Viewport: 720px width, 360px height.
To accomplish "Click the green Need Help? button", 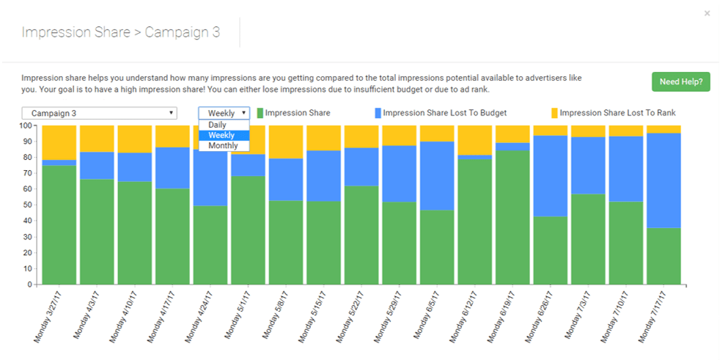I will point(680,81).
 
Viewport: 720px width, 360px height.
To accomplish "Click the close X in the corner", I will point(707,13).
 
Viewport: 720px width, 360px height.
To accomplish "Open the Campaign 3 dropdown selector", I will point(99,113).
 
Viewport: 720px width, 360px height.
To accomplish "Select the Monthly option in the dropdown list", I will point(223,146).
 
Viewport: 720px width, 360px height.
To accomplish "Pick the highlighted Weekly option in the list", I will point(221,136).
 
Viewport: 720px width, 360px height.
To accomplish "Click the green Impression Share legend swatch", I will point(260,113).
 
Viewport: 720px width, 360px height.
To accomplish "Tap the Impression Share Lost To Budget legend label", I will point(444,113).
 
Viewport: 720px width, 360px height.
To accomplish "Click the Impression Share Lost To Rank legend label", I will point(617,113).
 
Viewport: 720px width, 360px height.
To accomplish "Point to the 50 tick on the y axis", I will point(27,205).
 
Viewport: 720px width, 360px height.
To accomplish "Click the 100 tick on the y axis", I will point(25,125).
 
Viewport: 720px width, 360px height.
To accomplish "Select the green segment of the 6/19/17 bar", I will point(513,217).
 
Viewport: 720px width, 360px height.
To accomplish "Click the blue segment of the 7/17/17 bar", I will point(664,180).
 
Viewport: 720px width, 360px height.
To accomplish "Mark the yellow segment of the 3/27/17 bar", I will point(59,142).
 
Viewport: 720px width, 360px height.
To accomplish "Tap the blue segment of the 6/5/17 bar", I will point(437,176).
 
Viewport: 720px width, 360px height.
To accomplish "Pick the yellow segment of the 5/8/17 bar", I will point(286,142).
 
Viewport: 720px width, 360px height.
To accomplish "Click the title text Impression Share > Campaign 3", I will point(120,32).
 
